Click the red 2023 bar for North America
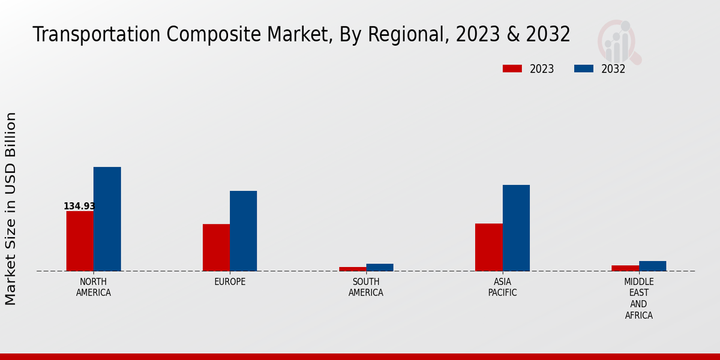coord(80,241)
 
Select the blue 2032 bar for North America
coord(107,219)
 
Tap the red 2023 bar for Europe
coord(216,247)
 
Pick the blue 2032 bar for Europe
coord(243,231)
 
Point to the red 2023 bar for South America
coord(352,269)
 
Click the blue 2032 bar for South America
coord(380,268)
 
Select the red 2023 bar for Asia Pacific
coord(489,247)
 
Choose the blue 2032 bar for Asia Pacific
coord(516,228)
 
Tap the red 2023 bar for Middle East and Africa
coord(625,268)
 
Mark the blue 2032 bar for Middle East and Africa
coord(652,266)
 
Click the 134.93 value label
coord(79,206)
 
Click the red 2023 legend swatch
coord(512,69)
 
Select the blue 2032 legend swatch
coord(583,69)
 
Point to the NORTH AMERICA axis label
coord(94,287)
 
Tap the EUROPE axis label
coord(230,282)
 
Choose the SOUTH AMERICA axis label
coord(366,287)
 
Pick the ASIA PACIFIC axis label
coord(502,287)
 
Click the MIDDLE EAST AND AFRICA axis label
coord(638,299)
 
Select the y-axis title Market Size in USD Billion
coord(11,208)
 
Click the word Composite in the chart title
coord(211,35)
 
